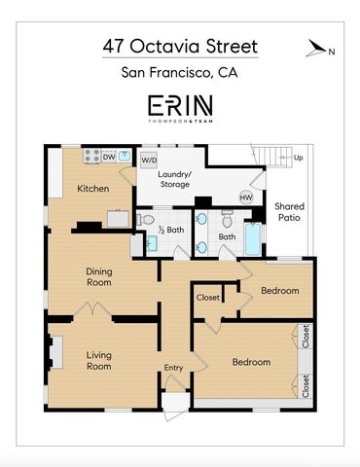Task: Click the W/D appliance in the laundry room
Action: click(x=149, y=161)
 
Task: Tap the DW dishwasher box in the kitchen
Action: click(x=109, y=157)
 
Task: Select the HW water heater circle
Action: click(x=246, y=198)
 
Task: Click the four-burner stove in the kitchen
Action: click(x=92, y=157)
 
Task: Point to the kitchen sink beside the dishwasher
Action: click(x=125, y=156)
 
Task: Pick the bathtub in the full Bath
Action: click(x=253, y=239)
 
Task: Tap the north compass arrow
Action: click(x=315, y=48)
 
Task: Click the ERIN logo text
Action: click(x=180, y=106)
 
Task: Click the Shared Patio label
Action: click(x=289, y=212)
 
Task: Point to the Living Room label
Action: click(x=99, y=361)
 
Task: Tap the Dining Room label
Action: click(x=99, y=276)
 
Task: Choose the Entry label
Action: click(x=173, y=368)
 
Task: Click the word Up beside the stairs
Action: click(x=299, y=158)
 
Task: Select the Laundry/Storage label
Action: click(x=175, y=179)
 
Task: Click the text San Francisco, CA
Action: click(x=179, y=72)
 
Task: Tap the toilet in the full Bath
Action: click(x=227, y=219)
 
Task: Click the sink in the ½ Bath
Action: click(x=151, y=243)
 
